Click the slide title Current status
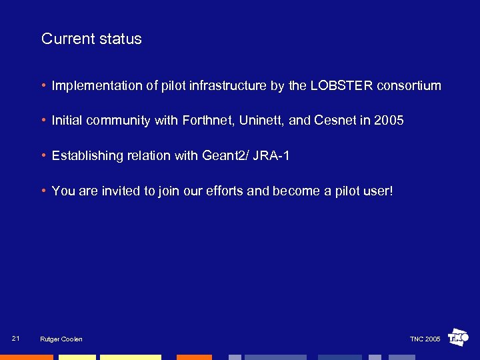pos(91,39)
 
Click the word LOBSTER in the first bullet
pos(341,85)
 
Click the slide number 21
pos(16,339)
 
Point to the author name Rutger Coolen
pos(61,339)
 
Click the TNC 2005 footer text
pos(425,339)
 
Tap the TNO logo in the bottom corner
pos(459,338)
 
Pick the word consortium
pos(409,85)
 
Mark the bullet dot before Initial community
pos(43,121)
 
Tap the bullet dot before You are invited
pos(43,191)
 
